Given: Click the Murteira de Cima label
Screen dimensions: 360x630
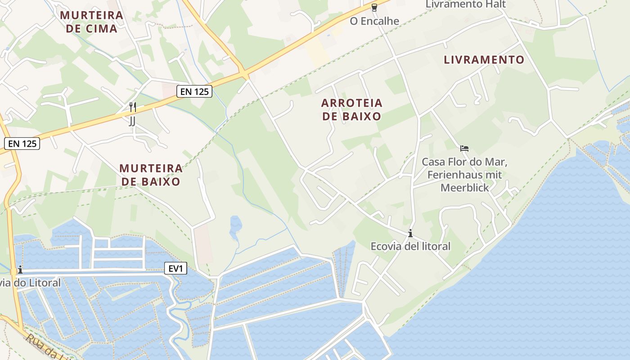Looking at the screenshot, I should tap(91, 22).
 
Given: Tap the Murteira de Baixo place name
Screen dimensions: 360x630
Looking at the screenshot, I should tap(151, 175).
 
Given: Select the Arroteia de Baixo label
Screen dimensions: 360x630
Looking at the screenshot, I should tap(351, 109).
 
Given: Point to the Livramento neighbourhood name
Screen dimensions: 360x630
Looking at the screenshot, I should tap(484, 60).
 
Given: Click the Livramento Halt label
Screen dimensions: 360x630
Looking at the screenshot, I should tap(466, 4).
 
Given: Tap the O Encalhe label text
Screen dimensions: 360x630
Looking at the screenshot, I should tap(374, 21).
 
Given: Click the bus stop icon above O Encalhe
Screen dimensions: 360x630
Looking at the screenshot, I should tap(374, 7).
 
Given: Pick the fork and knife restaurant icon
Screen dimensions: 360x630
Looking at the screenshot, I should tap(132, 107).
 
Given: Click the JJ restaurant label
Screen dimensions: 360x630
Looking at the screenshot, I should tap(132, 121).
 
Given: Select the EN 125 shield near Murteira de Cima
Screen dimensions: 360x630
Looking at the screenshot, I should tap(194, 92).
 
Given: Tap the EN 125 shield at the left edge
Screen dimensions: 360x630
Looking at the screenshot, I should tap(22, 144).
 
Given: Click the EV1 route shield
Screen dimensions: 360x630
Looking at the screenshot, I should tap(175, 269).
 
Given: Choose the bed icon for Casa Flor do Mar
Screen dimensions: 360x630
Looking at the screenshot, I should tap(464, 148).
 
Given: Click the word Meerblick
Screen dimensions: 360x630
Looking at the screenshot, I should tap(464, 188).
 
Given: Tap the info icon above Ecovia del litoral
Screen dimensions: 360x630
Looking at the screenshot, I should tap(410, 233).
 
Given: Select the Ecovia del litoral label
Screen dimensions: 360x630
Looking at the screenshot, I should tap(410, 246).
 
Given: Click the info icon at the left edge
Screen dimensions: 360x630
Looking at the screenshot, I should tap(20, 270).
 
